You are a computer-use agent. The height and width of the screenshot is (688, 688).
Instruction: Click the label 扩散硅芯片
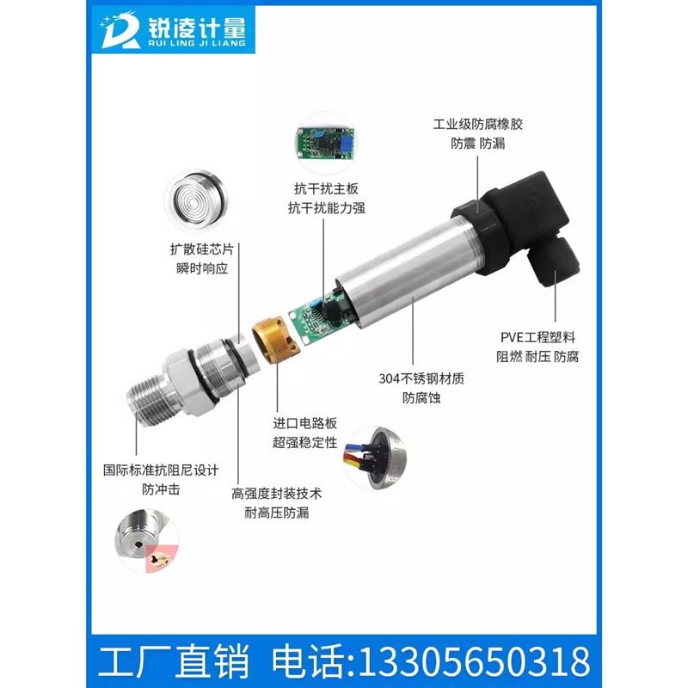point(201,250)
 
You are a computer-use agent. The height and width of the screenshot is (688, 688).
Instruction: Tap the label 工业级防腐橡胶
point(477,124)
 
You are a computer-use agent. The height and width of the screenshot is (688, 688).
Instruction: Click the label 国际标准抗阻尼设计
point(161,470)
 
